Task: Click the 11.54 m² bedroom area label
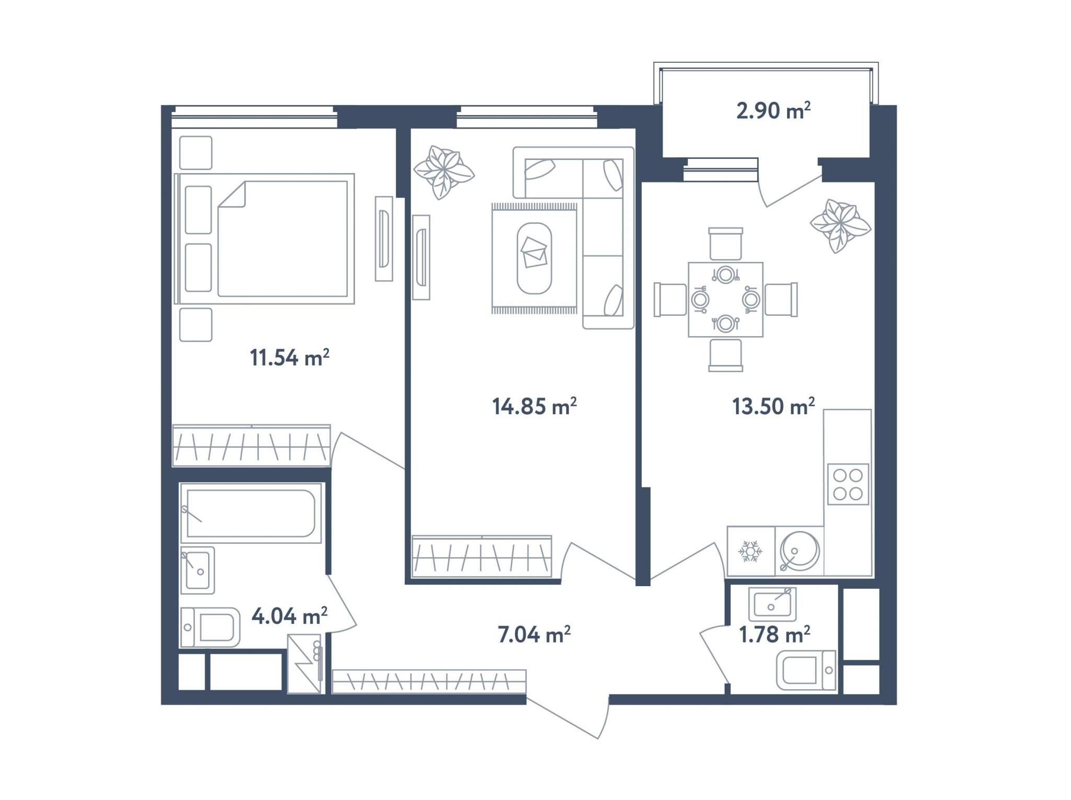(x=289, y=358)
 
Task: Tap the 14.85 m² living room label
(x=534, y=406)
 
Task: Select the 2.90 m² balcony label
(x=773, y=110)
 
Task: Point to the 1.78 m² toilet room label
(x=774, y=634)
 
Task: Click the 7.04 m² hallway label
(x=534, y=634)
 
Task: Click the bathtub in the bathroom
(x=250, y=513)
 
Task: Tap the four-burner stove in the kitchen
(x=848, y=484)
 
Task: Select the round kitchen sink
(x=799, y=551)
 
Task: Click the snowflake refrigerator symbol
(x=750, y=552)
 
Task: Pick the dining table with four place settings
(x=725, y=300)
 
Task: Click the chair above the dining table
(x=725, y=244)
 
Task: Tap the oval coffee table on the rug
(x=534, y=258)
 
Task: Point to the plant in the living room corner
(x=444, y=172)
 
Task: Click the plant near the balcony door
(x=840, y=226)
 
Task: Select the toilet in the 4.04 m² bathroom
(x=210, y=627)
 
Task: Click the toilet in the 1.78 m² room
(x=806, y=670)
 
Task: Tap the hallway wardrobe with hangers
(x=429, y=681)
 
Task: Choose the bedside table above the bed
(x=196, y=153)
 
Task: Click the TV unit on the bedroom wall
(x=384, y=238)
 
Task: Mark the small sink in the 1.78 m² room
(x=772, y=602)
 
